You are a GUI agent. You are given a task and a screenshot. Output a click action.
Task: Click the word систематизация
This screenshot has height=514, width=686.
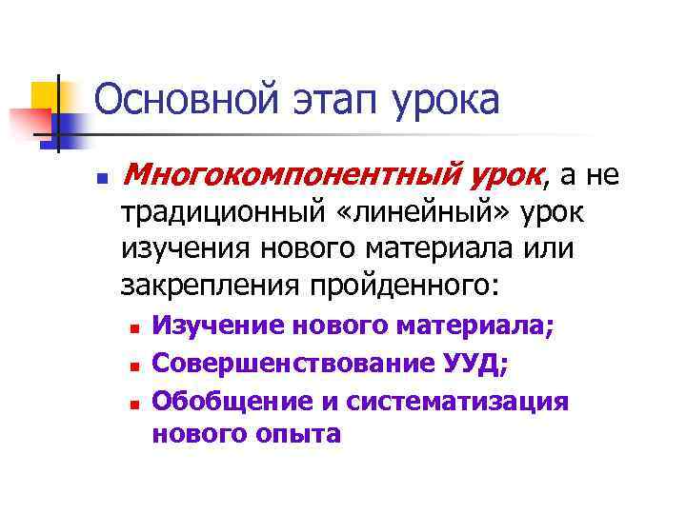click(x=457, y=401)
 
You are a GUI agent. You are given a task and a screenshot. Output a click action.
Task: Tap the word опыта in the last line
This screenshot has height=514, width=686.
click(x=296, y=435)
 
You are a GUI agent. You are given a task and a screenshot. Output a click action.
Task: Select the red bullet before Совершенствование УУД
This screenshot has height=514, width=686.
click(x=134, y=365)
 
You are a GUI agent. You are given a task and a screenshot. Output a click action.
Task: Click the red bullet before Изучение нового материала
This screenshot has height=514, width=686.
click(x=134, y=327)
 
